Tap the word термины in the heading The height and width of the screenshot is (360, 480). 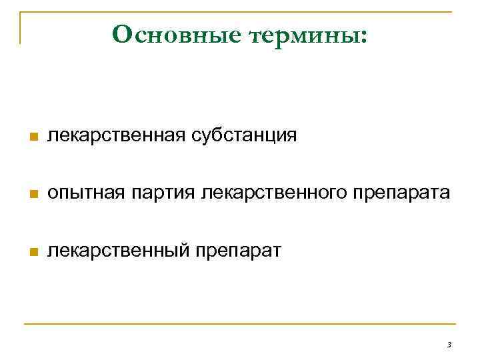(x=303, y=34)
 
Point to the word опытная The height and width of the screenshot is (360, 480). (x=87, y=194)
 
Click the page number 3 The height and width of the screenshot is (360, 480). (x=449, y=345)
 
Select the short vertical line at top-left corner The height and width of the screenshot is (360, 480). (x=21, y=27)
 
